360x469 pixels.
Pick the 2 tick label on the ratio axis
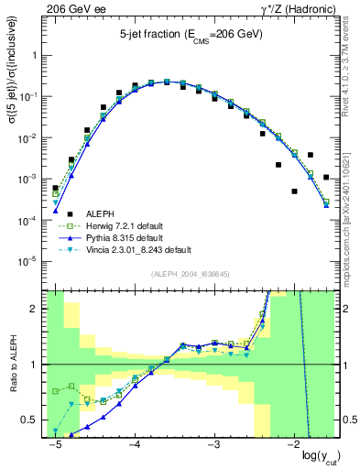point(37,309)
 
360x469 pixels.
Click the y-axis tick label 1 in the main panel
point(37,55)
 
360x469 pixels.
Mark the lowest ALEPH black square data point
point(294,191)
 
